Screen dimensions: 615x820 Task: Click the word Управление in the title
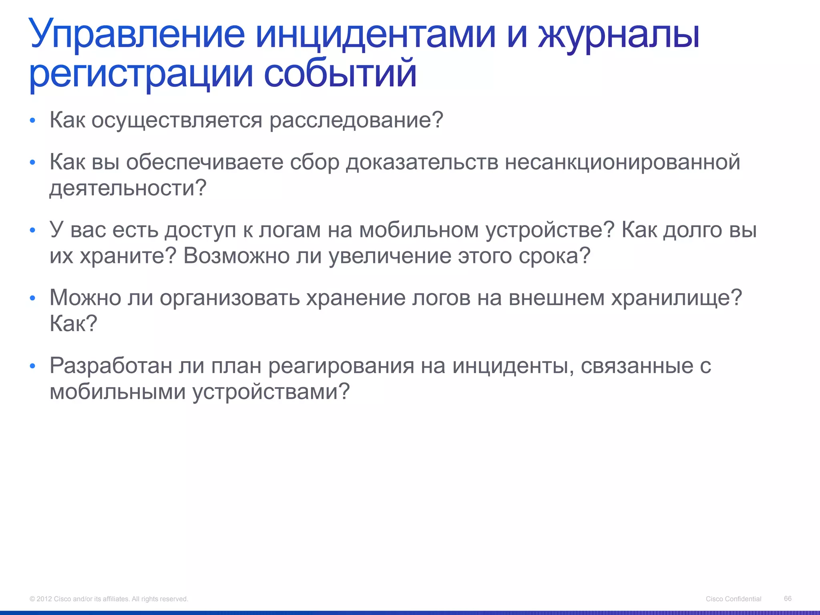pyautogui.click(x=137, y=34)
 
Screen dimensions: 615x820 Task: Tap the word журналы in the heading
pyautogui.click(x=619, y=34)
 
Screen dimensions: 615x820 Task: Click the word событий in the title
pyautogui.click(x=340, y=74)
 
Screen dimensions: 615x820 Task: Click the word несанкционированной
pyautogui.click(x=622, y=162)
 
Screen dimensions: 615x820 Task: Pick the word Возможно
pyautogui.click(x=236, y=256)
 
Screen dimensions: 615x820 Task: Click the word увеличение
pyautogui.click(x=390, y=256)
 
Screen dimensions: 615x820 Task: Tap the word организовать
pyautogui.click(x=230, y=298)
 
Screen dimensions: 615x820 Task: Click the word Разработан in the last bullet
pyautogui.click(x=111, y=366)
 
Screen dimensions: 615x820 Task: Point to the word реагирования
pyautogui.click(x=341, y=366)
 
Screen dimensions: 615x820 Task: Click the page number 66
pyautogui.click(x=788, y=598)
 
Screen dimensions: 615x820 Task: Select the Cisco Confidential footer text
pyautogui.click(x=734, y=599)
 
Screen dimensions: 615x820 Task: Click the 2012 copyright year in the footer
pyautogui.click(x=44, y=599)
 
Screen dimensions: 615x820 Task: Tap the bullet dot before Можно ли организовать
pyautogui.click(x=33, y=298)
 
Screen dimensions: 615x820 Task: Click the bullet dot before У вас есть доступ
pyautogui.click(x=33, y=231)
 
